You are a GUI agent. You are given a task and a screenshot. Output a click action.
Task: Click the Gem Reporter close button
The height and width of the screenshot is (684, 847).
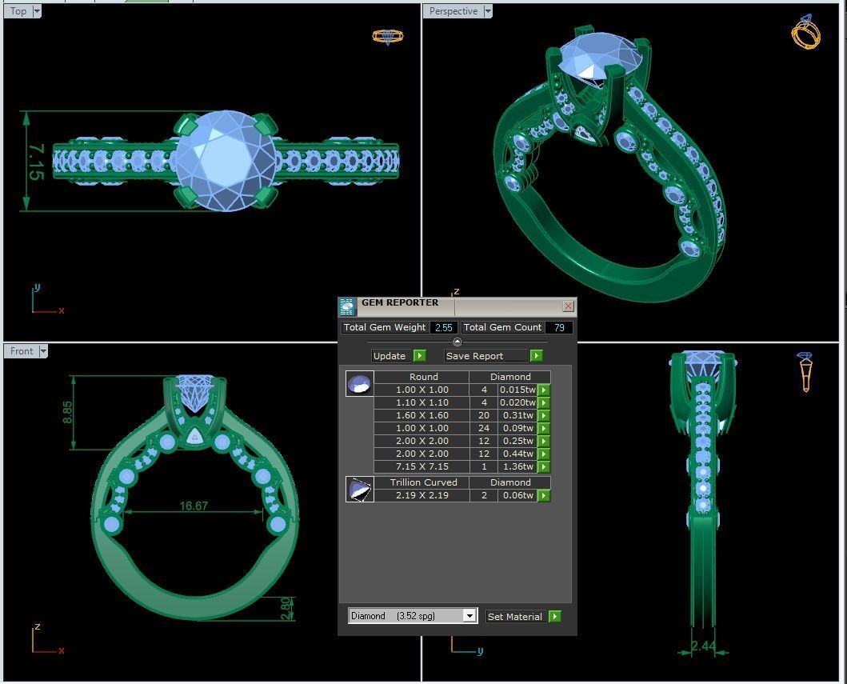point(568,306)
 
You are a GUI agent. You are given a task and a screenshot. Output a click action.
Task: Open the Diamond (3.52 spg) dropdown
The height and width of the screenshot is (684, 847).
point(469,616)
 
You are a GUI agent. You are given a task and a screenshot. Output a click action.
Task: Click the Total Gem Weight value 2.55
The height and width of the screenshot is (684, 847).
point(443,327)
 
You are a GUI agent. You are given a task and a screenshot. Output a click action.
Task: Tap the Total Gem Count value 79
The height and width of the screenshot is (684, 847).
point(558,327)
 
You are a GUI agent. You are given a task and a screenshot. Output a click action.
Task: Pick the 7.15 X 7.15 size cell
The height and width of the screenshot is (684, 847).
point(422,466)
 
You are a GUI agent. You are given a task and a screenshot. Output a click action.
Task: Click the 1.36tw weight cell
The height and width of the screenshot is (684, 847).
point(517,466)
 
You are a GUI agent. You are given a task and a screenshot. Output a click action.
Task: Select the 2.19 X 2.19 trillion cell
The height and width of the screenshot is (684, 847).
point(422,495)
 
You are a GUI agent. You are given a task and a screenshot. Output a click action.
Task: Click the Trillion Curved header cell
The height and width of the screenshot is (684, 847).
point(423,482)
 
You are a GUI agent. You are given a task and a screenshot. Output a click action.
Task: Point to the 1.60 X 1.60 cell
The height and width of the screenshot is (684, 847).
point(422,415)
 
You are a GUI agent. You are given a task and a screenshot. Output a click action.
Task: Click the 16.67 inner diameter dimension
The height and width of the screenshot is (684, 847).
point(194,506)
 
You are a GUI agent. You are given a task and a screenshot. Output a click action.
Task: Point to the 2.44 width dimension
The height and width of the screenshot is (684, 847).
point(703,646)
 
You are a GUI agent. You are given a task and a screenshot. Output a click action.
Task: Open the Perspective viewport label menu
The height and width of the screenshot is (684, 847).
point(488,11)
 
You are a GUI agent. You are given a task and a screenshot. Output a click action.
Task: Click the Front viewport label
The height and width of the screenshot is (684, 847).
point(22,351)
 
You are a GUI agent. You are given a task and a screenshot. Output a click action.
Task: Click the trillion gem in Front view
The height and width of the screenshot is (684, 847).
point(194,437)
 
